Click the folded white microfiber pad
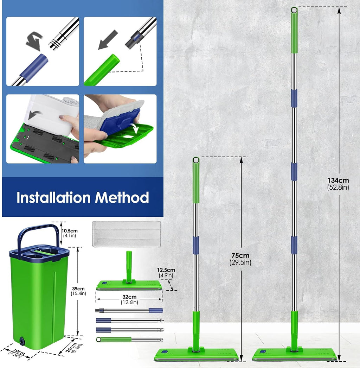[x=126, y=234]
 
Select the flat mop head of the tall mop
[x=294, y=354]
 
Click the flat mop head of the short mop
[x=196, y=354]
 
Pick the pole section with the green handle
[x=129, y=340]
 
